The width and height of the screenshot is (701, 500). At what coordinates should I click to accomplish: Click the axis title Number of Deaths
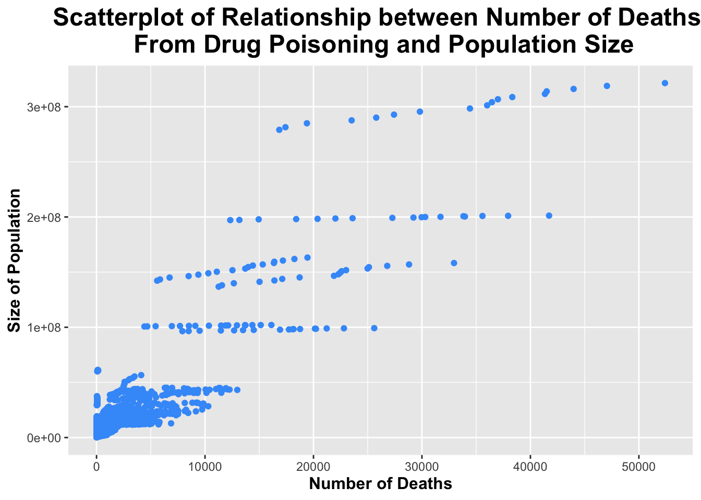pos(380,484)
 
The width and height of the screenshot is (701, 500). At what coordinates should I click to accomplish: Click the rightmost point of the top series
pos(664,83)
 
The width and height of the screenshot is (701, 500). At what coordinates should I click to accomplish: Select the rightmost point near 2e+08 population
pos(549,216)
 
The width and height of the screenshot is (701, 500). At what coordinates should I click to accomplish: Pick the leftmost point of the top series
pos(279,130)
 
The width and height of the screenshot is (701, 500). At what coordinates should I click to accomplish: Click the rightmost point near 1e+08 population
pos(374,328)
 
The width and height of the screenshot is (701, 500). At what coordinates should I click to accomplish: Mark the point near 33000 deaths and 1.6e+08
pos(454,263)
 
